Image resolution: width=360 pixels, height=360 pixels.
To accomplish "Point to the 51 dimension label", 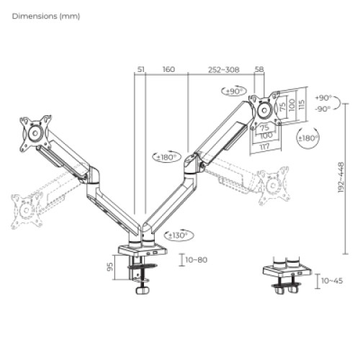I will pos(140,70).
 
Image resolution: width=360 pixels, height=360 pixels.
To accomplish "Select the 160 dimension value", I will pos(168,70).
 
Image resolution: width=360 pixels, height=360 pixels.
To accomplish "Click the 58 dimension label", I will pos(259,70).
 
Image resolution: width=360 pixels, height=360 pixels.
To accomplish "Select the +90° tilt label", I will pos(324,98).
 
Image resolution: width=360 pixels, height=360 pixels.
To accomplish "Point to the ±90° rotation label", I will pos(234,92).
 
